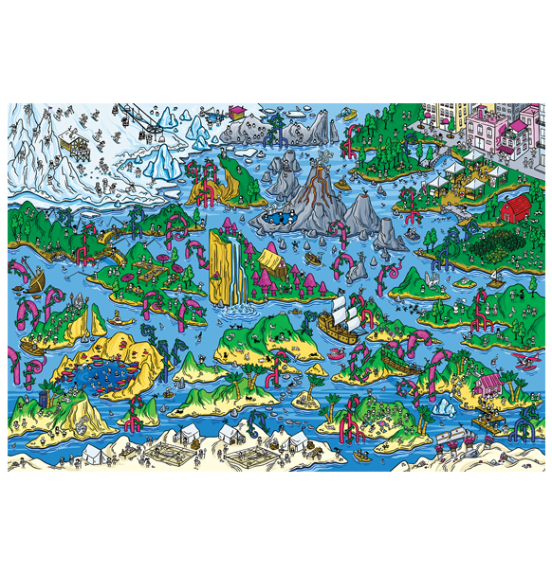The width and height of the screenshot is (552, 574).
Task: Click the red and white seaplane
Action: [x=520, y=363]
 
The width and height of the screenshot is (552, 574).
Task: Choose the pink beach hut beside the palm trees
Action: [x=489, y=384]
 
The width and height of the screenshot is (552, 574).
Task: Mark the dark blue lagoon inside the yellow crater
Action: [x=99, y=371]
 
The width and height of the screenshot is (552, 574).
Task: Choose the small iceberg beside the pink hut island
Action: [x=444, y=406]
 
